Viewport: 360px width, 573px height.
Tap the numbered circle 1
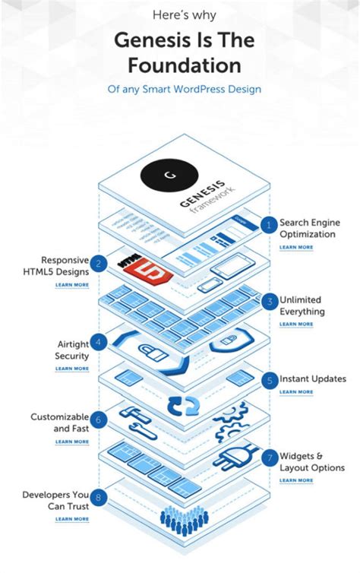[x=267, y=224]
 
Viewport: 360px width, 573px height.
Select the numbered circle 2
[x=99, y=264]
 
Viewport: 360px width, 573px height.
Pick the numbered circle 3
[x=267, y=302]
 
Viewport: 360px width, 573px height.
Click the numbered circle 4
[x=99, y=341]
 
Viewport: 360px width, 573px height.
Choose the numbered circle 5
[x=267, y=378]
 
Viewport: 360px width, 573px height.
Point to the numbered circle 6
[x=99, y=419]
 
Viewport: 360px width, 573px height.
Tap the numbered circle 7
[x=267, y=457]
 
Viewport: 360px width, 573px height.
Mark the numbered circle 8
[x=99, y=498]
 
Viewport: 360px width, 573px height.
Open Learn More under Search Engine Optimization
[x=295, y=247]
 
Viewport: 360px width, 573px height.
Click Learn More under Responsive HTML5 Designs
[x=71, y=285]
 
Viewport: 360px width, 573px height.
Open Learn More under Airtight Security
[x=71, y=369]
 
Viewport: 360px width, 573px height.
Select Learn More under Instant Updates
[x=295, y=392]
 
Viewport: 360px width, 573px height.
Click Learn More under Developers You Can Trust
[x=71, y=519]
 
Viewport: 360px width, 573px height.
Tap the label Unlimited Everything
[x=302, y=305]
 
